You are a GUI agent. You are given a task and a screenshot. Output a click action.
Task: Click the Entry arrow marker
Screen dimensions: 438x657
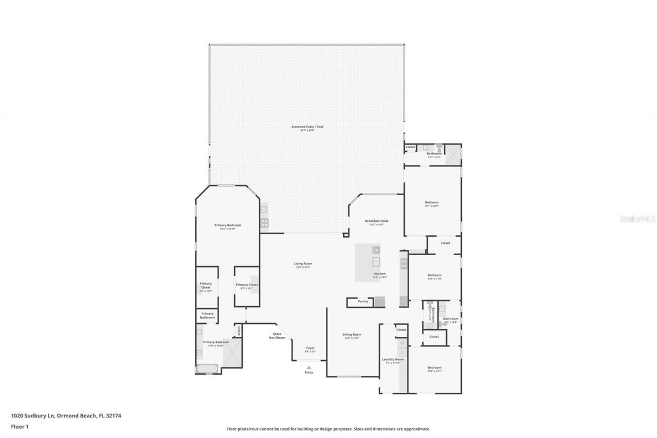point(308,367)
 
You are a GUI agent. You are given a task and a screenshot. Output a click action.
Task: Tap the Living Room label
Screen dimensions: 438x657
point(303,264)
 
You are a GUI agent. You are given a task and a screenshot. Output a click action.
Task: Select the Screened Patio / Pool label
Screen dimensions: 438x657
point(307,127)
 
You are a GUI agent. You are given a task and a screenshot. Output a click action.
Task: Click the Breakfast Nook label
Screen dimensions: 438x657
point(377,221)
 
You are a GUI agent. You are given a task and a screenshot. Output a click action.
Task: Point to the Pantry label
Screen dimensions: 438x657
point(363,301)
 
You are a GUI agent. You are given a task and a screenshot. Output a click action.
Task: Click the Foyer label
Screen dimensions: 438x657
point(311,348)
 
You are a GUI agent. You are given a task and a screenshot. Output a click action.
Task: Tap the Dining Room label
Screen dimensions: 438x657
point(352,335)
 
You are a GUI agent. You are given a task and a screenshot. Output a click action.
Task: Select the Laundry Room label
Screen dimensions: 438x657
point(392,359)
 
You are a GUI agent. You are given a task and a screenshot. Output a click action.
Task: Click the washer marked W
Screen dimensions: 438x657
point(402,342)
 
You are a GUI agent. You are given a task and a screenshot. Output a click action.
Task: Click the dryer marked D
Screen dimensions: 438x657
point(402,352)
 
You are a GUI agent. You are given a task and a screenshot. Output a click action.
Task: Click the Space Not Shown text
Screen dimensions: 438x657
point(277,335)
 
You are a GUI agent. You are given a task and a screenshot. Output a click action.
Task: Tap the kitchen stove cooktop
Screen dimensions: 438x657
point(404,264)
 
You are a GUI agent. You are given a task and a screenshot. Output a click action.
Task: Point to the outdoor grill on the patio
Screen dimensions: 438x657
point(264,222)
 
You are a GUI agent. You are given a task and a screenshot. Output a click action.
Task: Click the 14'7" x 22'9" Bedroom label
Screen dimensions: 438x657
point(432,202)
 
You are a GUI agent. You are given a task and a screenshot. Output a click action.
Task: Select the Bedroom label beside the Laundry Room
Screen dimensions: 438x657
point(434,368)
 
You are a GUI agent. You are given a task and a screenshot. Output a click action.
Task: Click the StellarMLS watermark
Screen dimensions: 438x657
point(637,219)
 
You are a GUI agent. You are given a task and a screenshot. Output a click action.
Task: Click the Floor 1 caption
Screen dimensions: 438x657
point(20,426)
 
